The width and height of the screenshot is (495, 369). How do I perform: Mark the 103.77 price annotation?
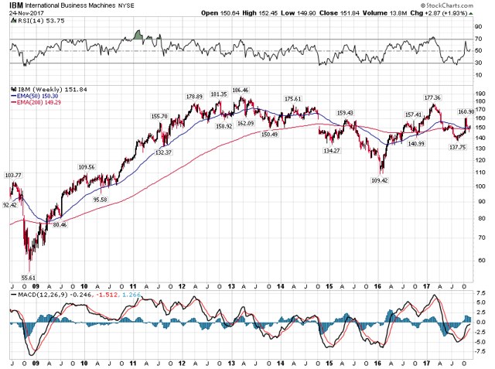[12, 176]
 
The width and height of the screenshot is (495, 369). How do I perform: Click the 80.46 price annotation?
[57, 224]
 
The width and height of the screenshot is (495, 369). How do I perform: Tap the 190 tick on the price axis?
[480, 91]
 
